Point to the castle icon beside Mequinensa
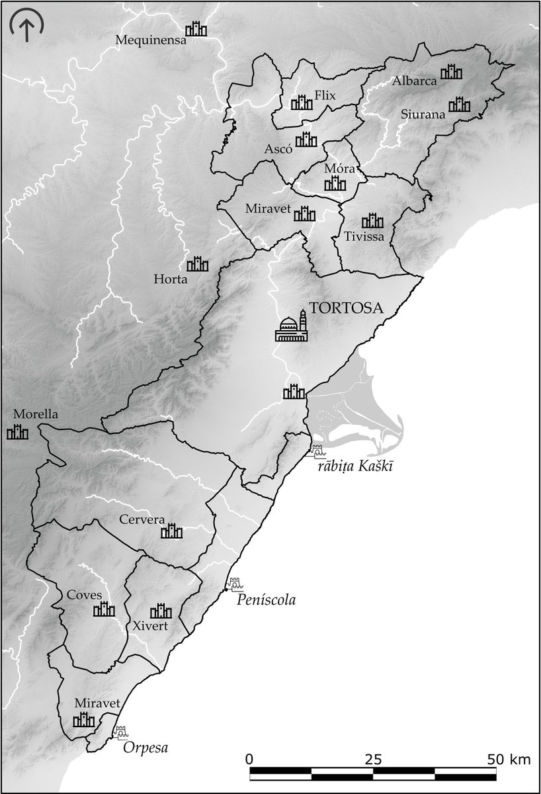(x=196, y=29)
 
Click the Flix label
(x=325, y=95)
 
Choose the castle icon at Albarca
(x=452, y=71)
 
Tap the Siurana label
(x=423, y=113)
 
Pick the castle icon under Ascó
(x=306, y=139)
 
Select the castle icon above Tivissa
(x=373, y=220)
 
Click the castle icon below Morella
(x=18, y=433)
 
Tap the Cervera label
(x=142, y=519)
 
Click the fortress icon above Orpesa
(x=121, y=732)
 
